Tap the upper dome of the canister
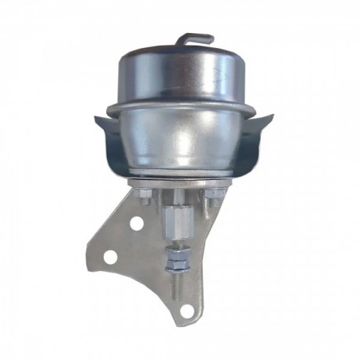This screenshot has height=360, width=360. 180,75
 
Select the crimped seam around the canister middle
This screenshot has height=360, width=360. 180,106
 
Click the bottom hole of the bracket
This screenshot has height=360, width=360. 186,309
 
